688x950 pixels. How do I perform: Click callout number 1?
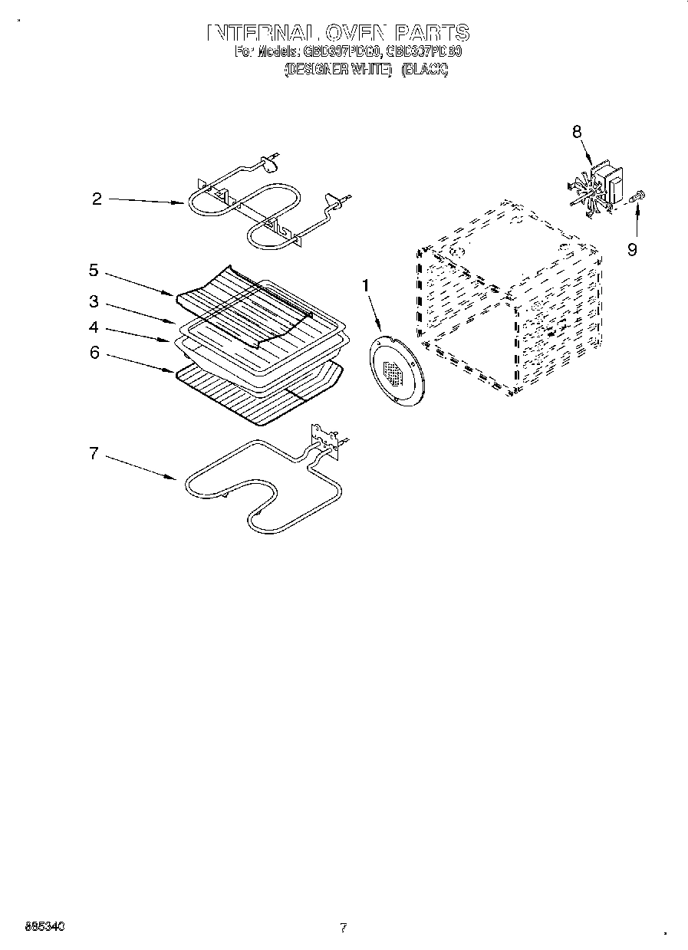365,285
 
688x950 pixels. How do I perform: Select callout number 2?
97,199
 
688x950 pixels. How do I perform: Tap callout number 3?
93,301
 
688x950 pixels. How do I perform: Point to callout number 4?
93,327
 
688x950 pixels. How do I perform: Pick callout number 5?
93,270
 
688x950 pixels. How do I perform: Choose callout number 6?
94,353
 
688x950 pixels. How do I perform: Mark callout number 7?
93,453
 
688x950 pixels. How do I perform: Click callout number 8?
577,131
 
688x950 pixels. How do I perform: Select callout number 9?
631,249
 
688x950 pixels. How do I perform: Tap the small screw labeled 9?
637,197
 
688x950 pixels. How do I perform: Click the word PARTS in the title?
432,33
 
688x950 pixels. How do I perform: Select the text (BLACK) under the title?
424,70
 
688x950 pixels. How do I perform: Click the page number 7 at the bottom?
343,928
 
